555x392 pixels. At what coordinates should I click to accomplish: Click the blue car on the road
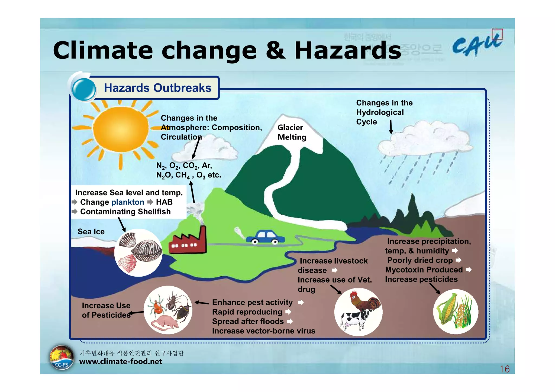click(266, 238)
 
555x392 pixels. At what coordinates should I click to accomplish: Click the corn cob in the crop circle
click(446, 309)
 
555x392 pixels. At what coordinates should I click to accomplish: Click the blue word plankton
click(128, 202)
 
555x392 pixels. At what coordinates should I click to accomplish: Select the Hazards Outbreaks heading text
click(158, 88)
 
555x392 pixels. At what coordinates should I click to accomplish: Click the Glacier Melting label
click(292, 132)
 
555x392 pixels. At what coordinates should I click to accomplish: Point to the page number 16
click(505, 369)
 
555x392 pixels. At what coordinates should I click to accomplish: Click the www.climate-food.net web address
click(121, 361)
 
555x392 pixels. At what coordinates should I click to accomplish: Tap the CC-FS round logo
click(62, 358)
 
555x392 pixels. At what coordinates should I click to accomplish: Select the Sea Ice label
click(91, 232)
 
